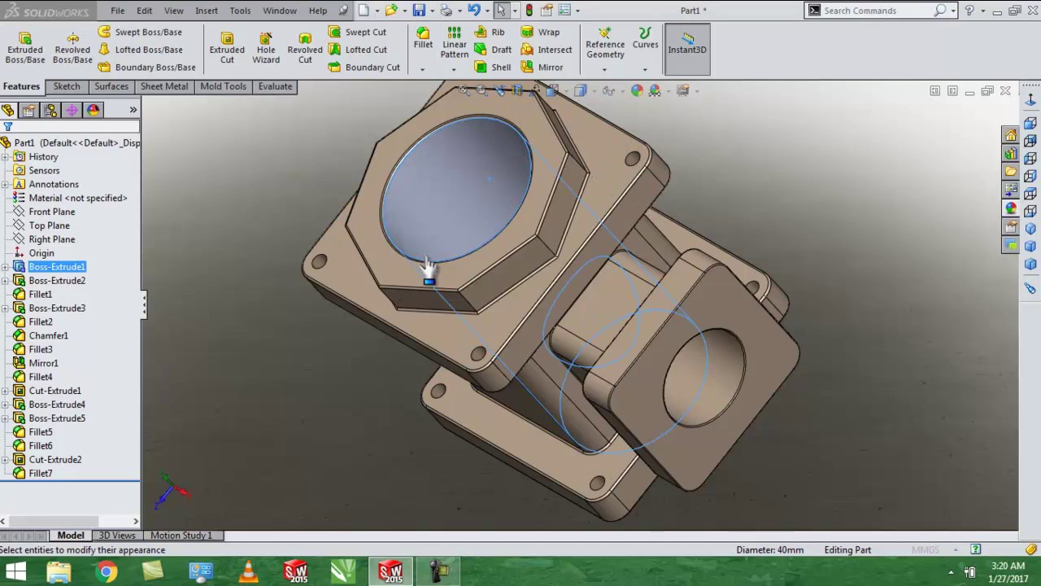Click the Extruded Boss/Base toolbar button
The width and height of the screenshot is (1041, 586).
[x=25, y=48]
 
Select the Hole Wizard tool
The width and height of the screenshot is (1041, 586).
[x=266, y=48]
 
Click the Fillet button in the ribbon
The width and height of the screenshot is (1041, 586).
[x=423, y=38]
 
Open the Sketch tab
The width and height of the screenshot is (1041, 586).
[x=67, y=86]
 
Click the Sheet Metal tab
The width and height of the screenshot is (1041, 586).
[x=164, y=86]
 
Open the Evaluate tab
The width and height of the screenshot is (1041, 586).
[x=275, y=86]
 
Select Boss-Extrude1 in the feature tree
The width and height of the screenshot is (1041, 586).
[x=57, y=267]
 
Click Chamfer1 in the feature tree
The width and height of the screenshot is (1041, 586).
[x=48, y=335]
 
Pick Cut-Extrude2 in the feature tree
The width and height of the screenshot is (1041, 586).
[x=55, y=460]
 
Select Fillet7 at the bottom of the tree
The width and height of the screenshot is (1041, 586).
[x=41, y=474]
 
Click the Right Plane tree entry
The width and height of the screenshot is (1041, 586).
[x=52, y=239]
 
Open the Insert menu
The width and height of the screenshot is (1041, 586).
[x=207, y=11]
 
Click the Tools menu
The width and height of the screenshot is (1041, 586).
[x=240, y=11]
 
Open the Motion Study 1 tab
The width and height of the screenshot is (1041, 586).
[x=181, y=536]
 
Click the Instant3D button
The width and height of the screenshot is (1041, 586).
[x=687, y=48]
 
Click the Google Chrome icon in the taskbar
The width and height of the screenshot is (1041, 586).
[x=106, y=572]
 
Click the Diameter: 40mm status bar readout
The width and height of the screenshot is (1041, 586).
[x=769, y=550]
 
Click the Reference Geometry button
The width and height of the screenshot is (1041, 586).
[x=605, y=48]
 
